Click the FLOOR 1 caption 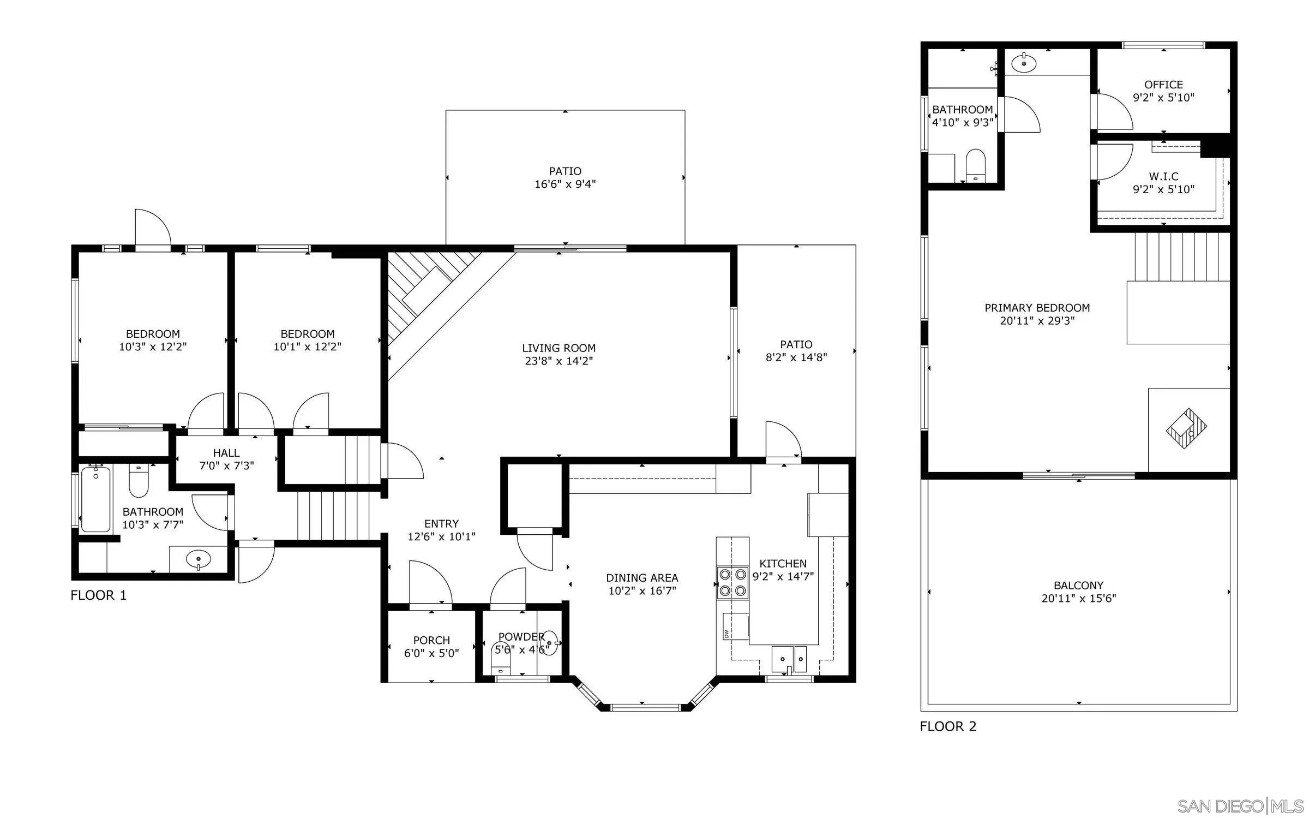99,595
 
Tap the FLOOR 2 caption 948,726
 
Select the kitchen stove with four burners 732,582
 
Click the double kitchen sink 789,659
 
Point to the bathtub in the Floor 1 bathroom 95,499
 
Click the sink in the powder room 550,643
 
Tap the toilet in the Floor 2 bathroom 975,165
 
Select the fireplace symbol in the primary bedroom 1186,429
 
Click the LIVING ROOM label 559,348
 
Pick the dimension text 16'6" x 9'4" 565,184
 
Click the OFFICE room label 1163,85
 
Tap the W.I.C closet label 1163,177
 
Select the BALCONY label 1078,586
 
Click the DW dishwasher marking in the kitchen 727,634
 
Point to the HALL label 226,453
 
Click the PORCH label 431,640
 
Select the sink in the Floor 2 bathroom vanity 1024,63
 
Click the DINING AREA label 642,577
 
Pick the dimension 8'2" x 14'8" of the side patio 796,357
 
